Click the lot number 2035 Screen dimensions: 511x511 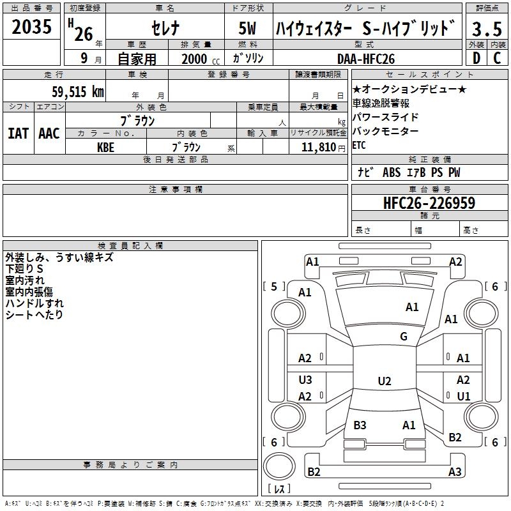coord(33,28)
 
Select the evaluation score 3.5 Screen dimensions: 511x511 coord(486,29)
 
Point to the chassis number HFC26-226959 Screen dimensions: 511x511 coord(429,203)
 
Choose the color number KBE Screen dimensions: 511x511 coord(106,147)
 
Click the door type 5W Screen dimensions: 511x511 coord(248,29)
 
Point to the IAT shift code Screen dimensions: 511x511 coord(18,133)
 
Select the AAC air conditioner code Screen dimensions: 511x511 coord(49,133)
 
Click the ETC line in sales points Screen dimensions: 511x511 coord(359,145)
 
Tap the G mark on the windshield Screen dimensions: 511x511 coord(404,337)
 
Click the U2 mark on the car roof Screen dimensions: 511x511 coord(384,381)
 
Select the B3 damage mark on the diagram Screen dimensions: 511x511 coord(360,425)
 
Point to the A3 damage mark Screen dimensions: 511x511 coord(455,472)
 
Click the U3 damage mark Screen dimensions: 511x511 coord(305,379)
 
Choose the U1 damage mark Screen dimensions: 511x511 coord(463,396)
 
